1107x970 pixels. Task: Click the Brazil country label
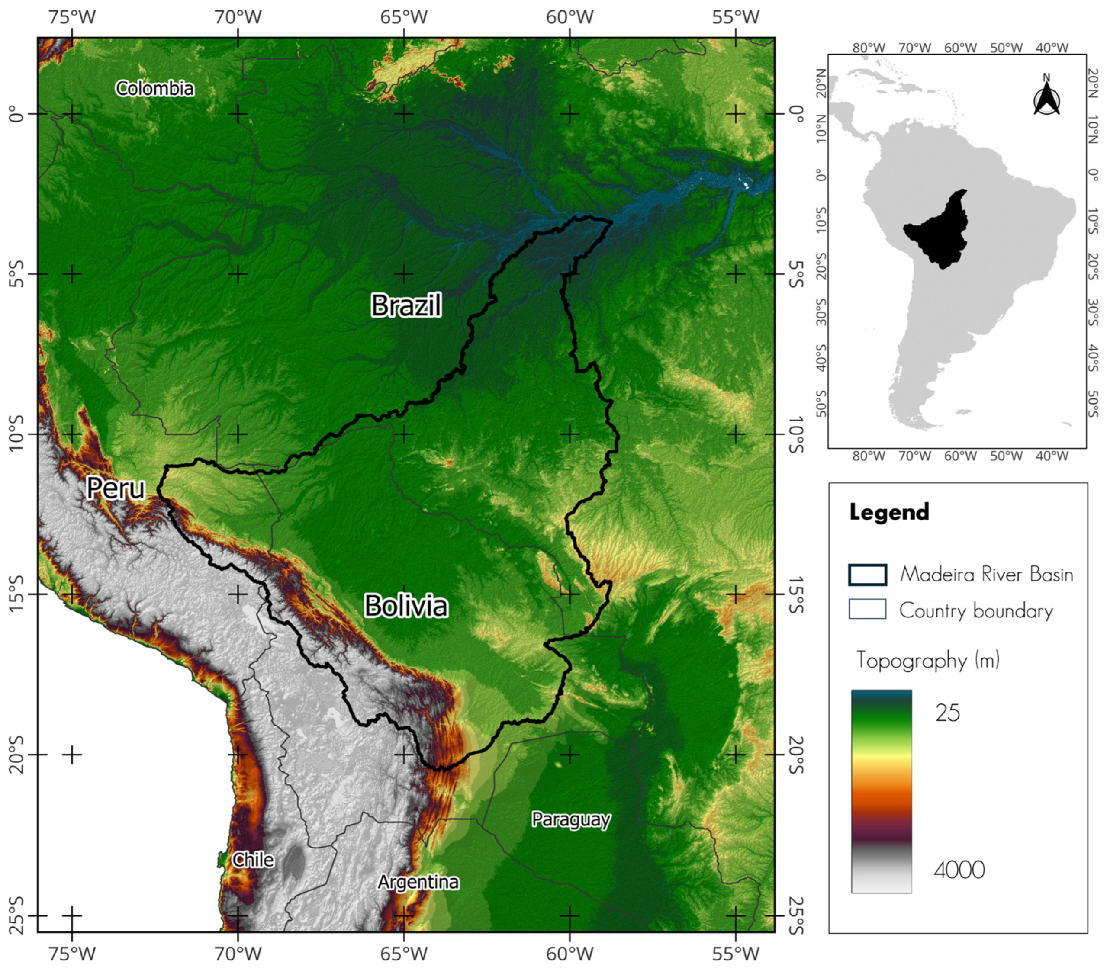coord(406,305)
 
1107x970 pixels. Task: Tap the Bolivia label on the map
coord(406,606)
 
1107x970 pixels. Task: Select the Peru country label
coord(116,488)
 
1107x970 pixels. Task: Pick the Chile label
coord(253,860)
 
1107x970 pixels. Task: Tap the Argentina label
coord(418,882)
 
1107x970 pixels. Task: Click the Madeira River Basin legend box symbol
coord(867,575)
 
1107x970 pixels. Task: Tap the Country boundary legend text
coord(976,610)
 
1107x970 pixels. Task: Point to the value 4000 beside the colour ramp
coord(959,870)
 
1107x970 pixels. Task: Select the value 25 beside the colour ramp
coord(947,713)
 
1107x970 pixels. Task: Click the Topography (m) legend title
coord(928,660)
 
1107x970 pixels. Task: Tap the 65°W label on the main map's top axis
coord(403,17)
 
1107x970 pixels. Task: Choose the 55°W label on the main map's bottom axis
coord(735,954)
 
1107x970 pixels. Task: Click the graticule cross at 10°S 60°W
coord(570,434)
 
